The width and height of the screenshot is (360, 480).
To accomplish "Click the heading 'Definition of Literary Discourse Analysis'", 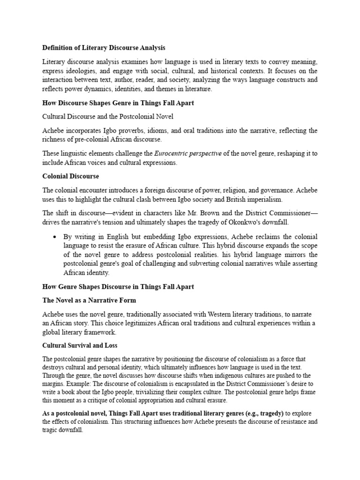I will pos(104,48).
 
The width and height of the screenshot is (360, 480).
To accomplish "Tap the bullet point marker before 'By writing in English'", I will pos(56,237).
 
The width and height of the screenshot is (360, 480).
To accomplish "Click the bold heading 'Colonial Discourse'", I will pos(70,176).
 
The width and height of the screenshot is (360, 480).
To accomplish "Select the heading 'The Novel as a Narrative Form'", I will pos(89,300).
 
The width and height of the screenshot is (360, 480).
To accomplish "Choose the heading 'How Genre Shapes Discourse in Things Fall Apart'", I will pos(118,286).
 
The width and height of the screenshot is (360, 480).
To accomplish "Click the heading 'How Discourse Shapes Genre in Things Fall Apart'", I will pos(118,103).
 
